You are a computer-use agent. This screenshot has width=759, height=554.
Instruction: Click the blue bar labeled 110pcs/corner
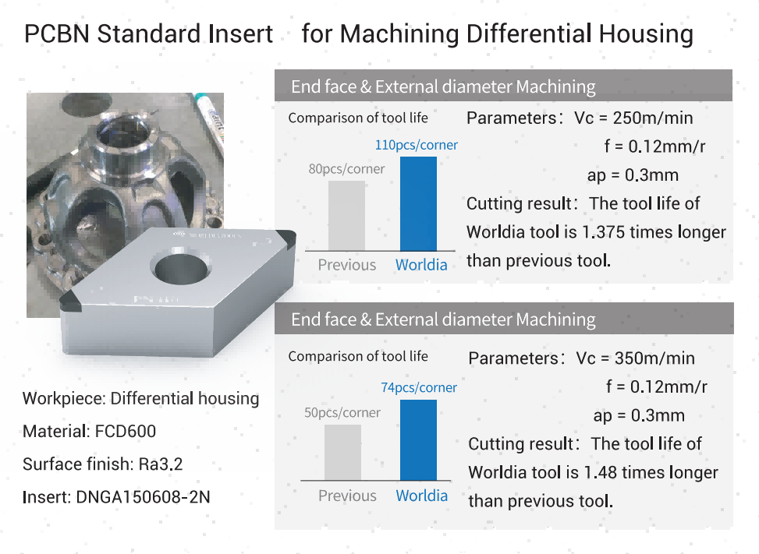point(418,203)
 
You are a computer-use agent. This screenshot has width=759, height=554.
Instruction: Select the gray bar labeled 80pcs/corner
point(346,216)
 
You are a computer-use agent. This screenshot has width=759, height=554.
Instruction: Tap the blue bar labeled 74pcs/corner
point(418,440)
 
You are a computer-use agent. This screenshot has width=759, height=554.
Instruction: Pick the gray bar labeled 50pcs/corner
point(342,452)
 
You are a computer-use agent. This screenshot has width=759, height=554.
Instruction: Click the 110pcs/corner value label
point(417,145)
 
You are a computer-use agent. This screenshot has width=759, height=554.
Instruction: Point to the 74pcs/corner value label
point(419,387)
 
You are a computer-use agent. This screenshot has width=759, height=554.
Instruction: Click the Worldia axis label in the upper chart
point(421,265)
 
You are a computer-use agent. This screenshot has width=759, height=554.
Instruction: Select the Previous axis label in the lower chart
point(347,496)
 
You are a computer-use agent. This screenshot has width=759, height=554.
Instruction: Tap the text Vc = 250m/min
point(633,118)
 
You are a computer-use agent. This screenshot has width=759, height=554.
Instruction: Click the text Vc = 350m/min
point(635,358)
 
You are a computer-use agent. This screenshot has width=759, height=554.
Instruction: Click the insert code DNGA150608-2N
point(144,497)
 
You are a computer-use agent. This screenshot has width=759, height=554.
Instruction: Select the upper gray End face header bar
point(503,86)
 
